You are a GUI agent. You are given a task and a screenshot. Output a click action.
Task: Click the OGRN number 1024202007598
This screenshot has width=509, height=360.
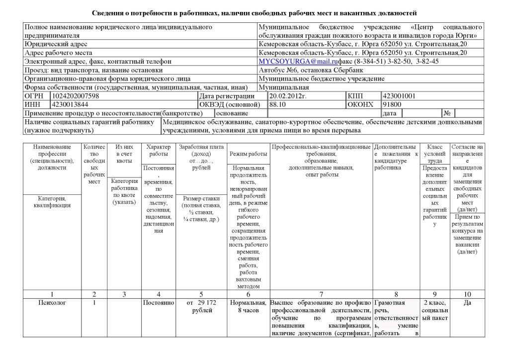tap(75, 96)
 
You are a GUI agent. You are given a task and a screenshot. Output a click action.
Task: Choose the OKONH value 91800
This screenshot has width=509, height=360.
tap(392, 104)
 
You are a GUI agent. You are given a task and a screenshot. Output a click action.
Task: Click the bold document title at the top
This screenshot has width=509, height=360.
tap(254, 12)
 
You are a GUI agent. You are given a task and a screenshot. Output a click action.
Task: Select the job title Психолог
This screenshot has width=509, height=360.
tap(52, 302)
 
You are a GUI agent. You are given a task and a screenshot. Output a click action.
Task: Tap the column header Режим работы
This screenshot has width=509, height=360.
tap(248, 154)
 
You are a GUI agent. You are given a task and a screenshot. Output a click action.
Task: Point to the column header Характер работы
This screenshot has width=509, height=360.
tap(158, 151)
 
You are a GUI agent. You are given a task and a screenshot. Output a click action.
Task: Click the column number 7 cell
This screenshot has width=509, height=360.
tap(321, 293)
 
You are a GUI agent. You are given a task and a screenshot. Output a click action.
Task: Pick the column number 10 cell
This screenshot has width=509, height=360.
tap(467, 293)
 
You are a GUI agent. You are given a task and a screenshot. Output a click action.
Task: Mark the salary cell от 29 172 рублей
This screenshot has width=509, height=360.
tap(202, 306)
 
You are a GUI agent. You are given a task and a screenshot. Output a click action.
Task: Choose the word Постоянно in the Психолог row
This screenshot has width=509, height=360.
tap(158, 302)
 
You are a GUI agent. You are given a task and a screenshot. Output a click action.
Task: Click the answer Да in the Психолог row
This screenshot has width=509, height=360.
tap(467, 302)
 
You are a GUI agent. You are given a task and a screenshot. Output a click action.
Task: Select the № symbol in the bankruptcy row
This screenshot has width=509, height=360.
tap(447, 113)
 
